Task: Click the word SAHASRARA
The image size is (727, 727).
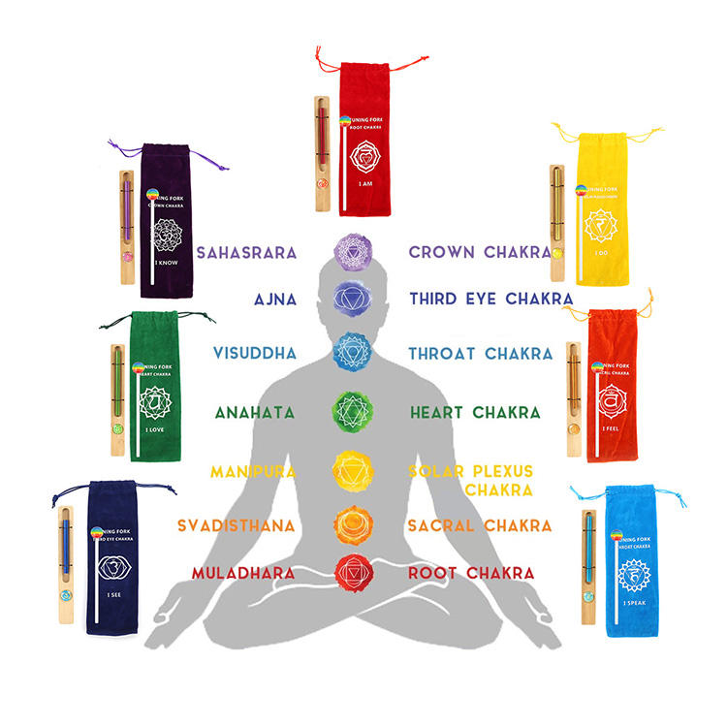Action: click(246, 253)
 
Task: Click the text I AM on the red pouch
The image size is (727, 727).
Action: click(365, 183)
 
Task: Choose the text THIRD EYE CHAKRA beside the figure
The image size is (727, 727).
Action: click(490, 299)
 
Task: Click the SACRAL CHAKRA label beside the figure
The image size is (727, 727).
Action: click(480, 525)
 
